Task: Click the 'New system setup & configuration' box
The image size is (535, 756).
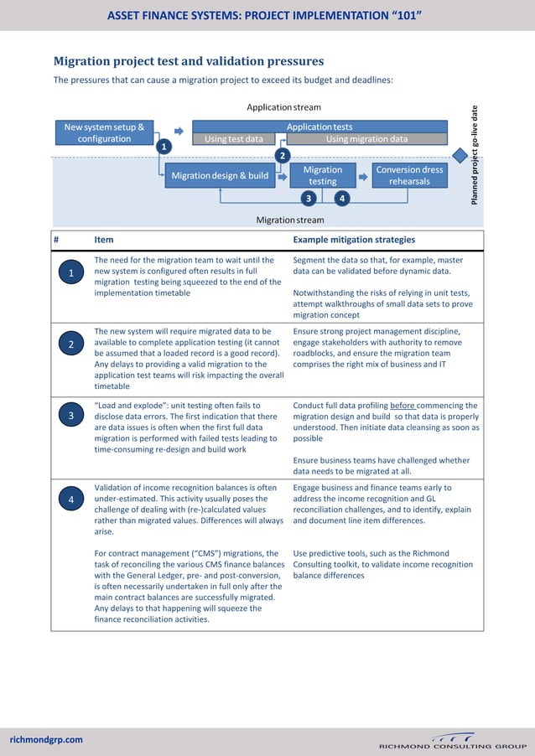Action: (x=104, y=133)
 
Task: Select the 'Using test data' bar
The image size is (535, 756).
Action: (x=234, y=139)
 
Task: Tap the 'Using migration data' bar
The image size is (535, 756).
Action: (x=366, y=139)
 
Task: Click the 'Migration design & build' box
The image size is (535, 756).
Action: (x=220, y=176)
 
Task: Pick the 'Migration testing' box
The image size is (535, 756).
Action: (x=322, y=175)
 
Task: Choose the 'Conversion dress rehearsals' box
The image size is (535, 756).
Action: (x=409, y=175)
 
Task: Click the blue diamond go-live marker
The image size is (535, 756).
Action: (x=460, y=156)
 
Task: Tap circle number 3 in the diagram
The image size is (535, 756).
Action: (x=309, y=199)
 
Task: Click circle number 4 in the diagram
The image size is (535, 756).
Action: (x=341, y=199)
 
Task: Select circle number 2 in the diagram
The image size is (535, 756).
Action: (x=283, y=156)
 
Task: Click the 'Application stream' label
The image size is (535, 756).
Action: (x=283, y=107)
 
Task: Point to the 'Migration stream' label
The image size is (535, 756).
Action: (x=289, y=220)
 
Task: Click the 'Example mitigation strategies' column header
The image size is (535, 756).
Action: (x=354, y=240)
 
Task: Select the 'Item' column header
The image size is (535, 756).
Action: (x=104, y=240)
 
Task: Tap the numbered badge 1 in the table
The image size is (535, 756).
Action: (x=72, y=273)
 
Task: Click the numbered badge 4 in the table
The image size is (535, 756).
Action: (x=72, y=500)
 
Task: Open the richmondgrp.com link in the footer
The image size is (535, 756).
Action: (x=46, y=739)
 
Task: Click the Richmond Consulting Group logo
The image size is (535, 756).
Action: (x=452, y=741)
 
